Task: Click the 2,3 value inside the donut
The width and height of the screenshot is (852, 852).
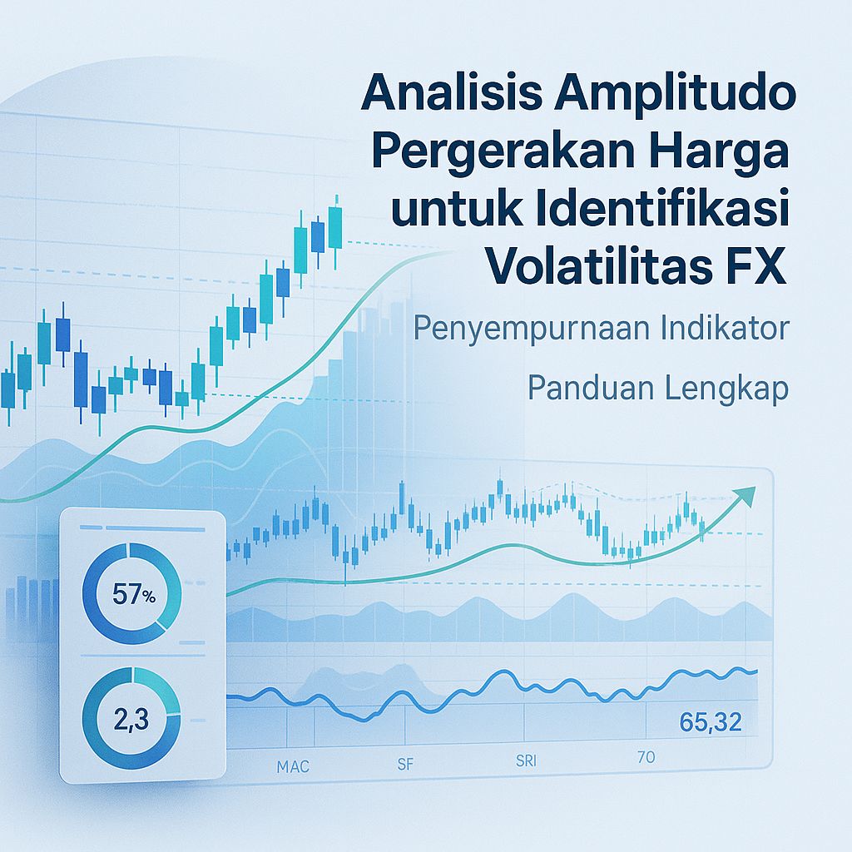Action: [129, 717]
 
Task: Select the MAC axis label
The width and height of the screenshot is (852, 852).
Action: [292, 765]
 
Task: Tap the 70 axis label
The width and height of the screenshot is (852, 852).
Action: [646, 757]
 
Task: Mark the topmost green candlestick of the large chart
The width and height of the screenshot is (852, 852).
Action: [335, 226]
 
